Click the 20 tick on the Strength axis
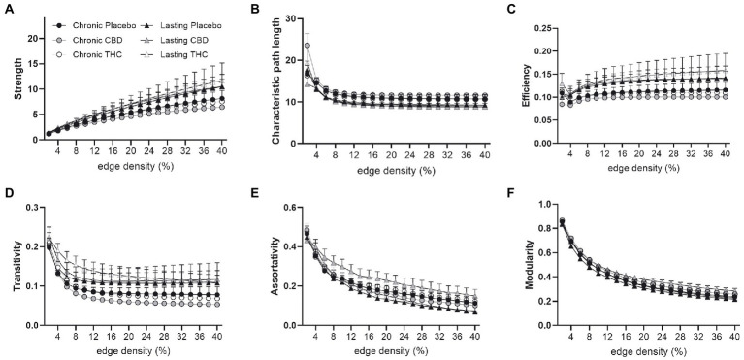pos(32,38)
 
